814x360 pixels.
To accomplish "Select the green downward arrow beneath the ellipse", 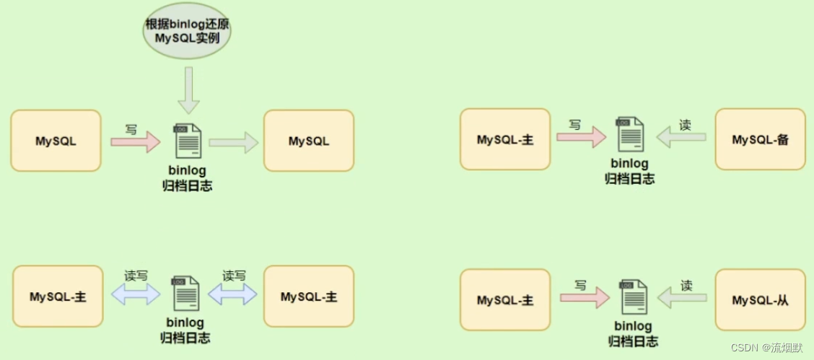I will click(x=189, y=90).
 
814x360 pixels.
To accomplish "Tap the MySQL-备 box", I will click(x=759, y=140).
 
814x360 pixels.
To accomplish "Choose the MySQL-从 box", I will click(x=760, y=300).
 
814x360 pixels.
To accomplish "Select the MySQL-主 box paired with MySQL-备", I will click(x=505, y=140).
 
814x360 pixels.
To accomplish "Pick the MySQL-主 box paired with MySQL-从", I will click(x=505, y=300).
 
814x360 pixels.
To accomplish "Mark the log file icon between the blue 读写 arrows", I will click(x=185, y=293).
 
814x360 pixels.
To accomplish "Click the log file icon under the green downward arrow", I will click(x=188, y=141).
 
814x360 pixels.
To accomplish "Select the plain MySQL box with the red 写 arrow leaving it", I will click(x=56, y=141).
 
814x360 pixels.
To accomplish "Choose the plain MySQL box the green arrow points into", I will click(x=309, y=141).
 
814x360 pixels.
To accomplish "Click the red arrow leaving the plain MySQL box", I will click(x=136, y=142).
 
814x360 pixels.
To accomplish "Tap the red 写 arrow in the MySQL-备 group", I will click(x=580, y=137).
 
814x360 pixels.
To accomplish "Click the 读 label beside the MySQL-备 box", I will click(x=685, y=125).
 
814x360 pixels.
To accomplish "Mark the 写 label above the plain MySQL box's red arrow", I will click(x=131, y=129).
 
